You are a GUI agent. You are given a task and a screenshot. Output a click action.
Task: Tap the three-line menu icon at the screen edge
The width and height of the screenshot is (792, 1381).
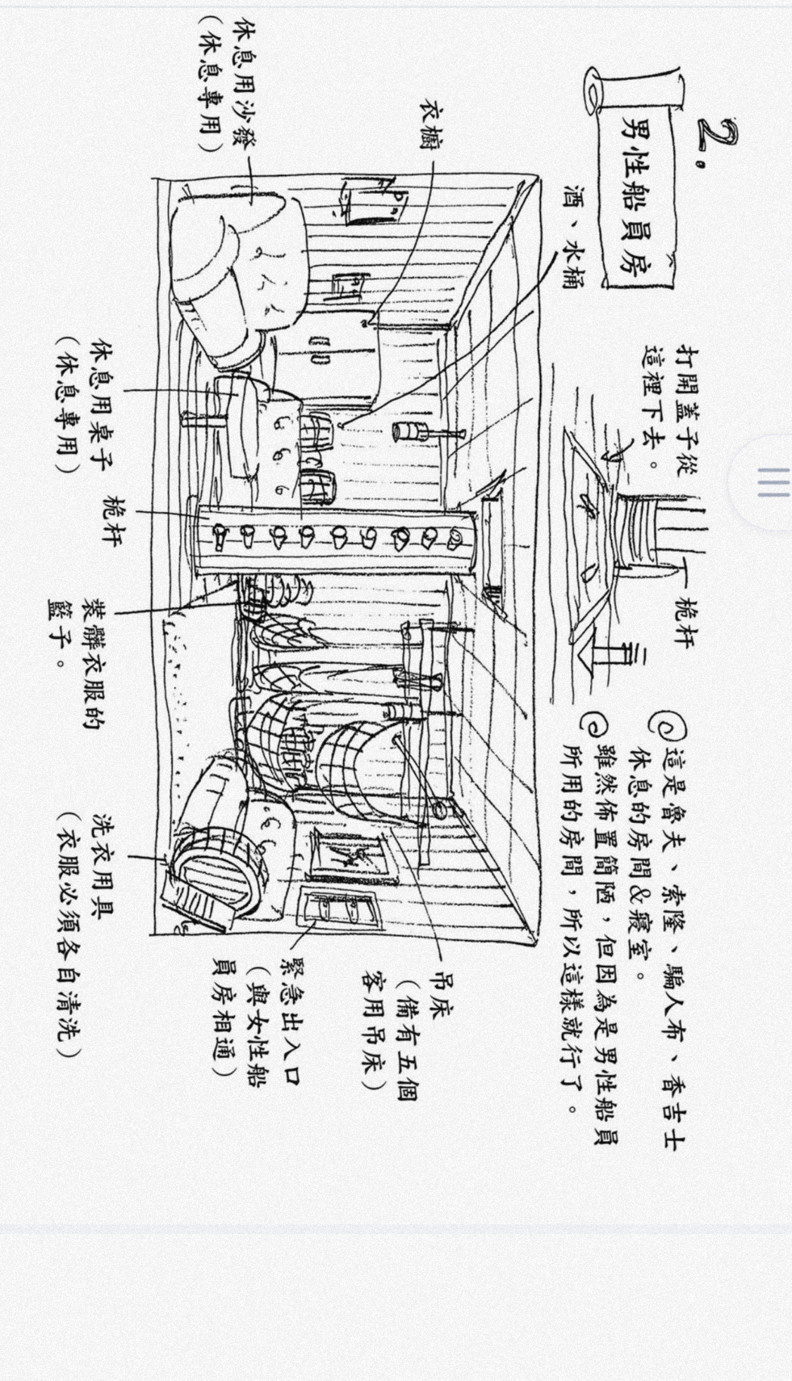coord(773,482)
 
